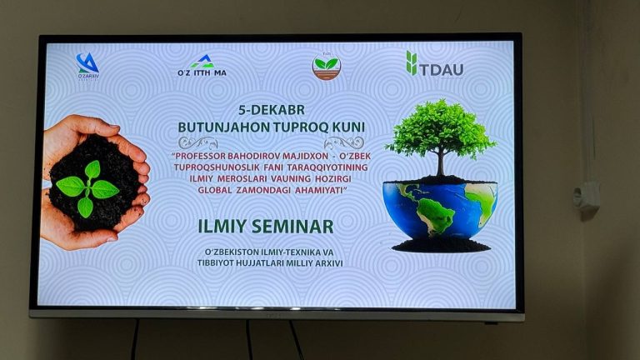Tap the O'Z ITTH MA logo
202,66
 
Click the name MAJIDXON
307,155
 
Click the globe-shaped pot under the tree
439,208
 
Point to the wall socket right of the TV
587,196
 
